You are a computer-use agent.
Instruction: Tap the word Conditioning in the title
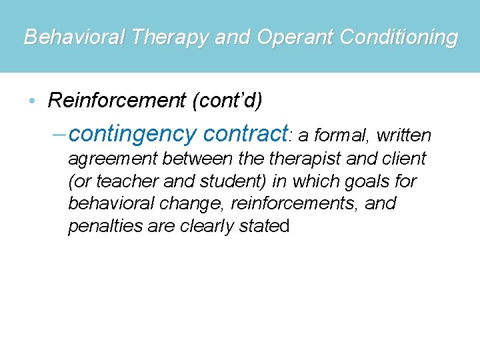pyautogui.click(x=399, y=37)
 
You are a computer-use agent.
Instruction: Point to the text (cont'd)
pyautogui.click(x=227, y=101)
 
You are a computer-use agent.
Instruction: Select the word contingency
pyautogui.click(x=131, y=135)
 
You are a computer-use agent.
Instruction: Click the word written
pyautogui.click(x=404, y=136)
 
